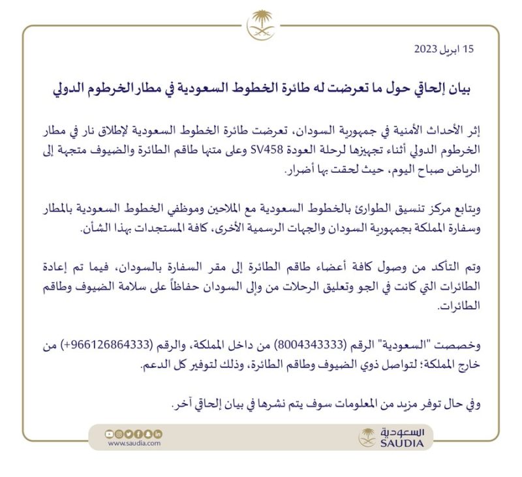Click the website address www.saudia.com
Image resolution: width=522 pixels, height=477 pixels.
(134, 444)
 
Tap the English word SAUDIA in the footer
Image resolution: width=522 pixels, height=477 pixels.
(401, 444)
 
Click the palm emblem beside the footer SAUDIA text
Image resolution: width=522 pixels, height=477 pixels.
(367, 437)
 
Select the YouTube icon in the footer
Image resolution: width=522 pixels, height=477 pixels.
(110, 433)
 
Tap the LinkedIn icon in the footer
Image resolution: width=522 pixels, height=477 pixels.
(159, 433)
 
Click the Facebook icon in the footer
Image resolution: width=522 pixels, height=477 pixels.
(139, 433)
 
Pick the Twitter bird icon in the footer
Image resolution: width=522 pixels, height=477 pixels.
(129, 433)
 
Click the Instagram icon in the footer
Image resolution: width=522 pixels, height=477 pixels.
(119, 433)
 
